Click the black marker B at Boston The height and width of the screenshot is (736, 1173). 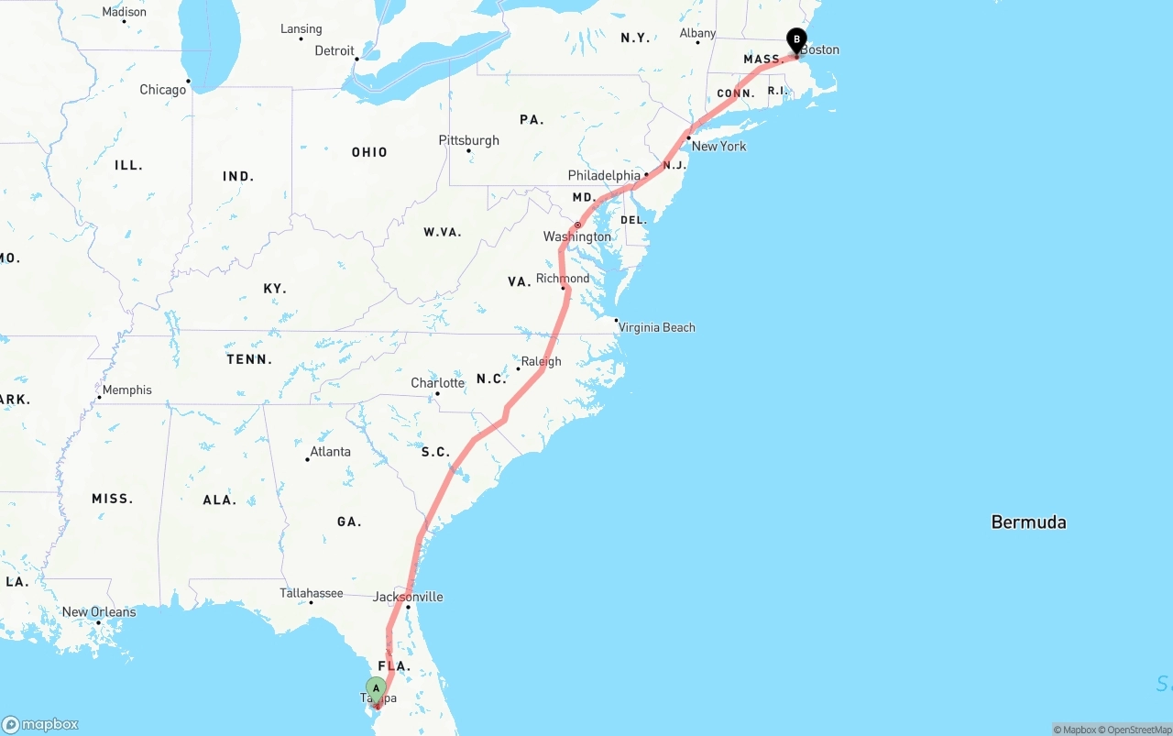tap(797, 39)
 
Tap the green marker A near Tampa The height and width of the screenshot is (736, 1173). tap(376, 688)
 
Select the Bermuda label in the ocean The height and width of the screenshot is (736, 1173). tap(1028, 522)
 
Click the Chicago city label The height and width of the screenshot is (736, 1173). tap(162, 90)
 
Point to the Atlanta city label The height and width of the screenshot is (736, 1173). tap(330, 451)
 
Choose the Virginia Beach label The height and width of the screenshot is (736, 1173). tap(656, 327)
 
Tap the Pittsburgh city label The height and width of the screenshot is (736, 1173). tap(469, 140)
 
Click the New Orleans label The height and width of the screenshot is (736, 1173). tap(99, 612)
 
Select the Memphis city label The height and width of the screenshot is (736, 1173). tap(126, 390)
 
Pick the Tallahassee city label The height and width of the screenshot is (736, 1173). tap(312, 593)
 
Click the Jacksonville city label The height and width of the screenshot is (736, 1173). tap(408, 597)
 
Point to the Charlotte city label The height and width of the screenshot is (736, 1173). tap(437, 383)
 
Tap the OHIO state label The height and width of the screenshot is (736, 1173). tap(369, 152)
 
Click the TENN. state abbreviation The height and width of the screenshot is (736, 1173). tap(249, 359)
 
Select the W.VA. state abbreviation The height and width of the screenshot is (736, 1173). tap(443, 232)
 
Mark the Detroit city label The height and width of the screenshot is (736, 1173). tap(334, 51)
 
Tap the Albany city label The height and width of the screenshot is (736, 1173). tap(697, 33)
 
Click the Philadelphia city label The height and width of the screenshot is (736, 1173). tap(604, 175)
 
